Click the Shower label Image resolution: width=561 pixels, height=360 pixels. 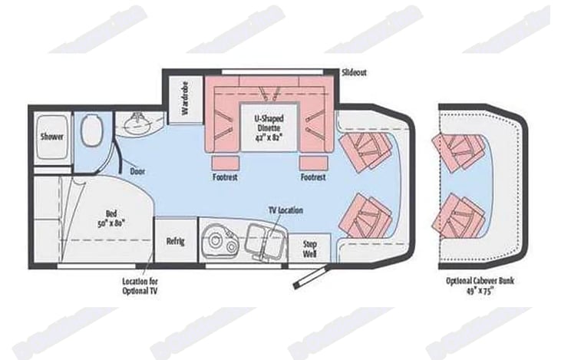pyautogui.click(x=52, y=137)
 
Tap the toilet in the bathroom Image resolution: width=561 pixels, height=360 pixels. pyautogui.click(x=91, y=130)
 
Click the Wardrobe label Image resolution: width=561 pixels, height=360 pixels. pyautogui.click(x=185, y=98)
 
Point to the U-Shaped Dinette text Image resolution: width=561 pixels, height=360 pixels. pyautogui.click(x=269, y=123)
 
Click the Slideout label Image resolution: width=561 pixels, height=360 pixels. pyautogui.click(x=354, y=72)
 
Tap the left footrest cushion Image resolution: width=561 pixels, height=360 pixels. pyautogui.click(x=226, y=163)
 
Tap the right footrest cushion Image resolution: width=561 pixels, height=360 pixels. pyautogui.click(x=314, y=163)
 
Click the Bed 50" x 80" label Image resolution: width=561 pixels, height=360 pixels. pyautogui.click(x=111, y=218)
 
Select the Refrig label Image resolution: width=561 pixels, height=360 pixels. pyautogui.click(x=176, y=241)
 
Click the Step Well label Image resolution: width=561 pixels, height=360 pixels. pyautogui.click(x=309, y=249)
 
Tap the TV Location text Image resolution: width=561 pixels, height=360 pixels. pyautogui.click(x=285, y=210)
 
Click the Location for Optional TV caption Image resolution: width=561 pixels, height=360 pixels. pyautogui.click(x=140, y=286)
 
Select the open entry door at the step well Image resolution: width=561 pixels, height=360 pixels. pyautogui.click(x=310, y=276)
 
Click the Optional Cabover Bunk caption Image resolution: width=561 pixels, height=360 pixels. pyautogui.click(x=480, y=286)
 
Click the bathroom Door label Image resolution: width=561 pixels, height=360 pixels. pyautogui.click(x=137, y=171)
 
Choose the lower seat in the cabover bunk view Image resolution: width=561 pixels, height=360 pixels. pyautogui.click(x=459, y=216)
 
